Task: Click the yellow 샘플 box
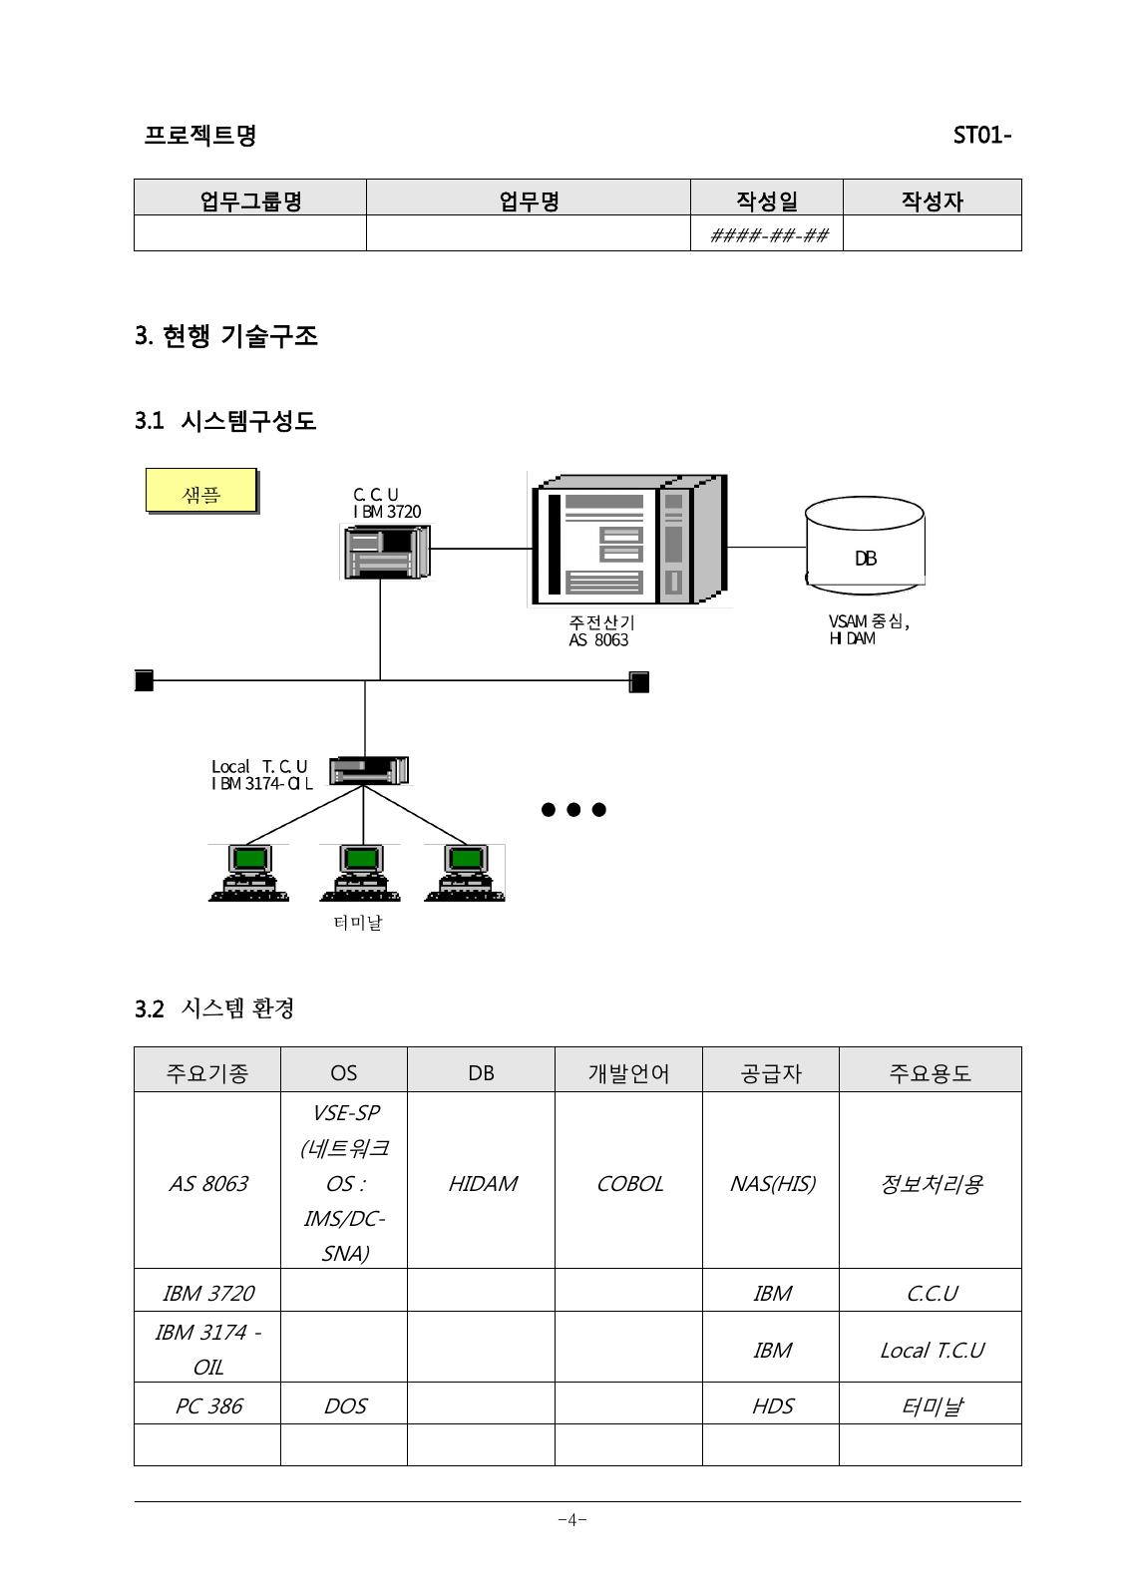pos(201,491)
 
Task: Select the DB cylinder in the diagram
pos(865,546)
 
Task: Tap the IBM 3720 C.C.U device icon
pos(385,552)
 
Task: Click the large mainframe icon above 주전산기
pos(629,540)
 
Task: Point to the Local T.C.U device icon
pos(369,770)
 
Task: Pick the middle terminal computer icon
pos(360,873)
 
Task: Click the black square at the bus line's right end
pos(639,682)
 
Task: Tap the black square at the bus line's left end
pos(144,680)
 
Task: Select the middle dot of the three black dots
pos(573,809)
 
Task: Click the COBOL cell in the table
pos(629,1183)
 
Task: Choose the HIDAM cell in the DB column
pos(482,1183)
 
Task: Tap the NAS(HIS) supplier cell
pos(771,1183)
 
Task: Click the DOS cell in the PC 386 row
pos(345,1405)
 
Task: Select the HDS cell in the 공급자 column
pos(771,1405)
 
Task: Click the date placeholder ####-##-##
pos(769,235)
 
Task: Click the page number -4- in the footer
pos(571,1520)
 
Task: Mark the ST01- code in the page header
pos(982,135)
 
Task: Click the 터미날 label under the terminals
pos(358,923)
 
